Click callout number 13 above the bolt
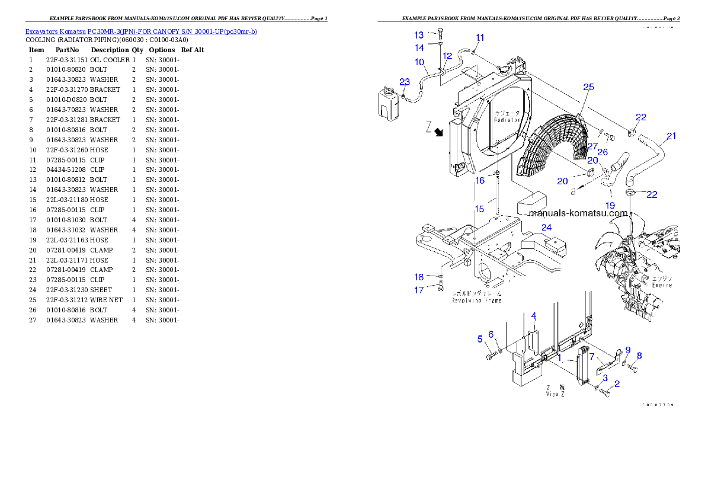419,35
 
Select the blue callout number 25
588,87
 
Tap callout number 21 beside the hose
671,136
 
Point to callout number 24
546,227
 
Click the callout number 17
419,290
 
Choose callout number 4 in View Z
533,315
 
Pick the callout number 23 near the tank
405,81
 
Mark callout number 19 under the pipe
610,205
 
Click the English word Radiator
507,120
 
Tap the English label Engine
662,285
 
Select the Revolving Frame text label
476,300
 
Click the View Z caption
555,395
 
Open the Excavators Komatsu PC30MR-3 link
141,31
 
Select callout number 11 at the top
480,37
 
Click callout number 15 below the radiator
480,209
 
